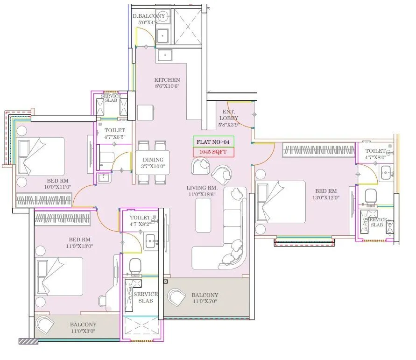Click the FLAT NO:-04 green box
pos(213,142)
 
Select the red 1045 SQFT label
pos(213,152)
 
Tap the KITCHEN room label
pos(167,83)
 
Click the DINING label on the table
pos(153,163)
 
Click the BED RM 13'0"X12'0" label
pos(326,194)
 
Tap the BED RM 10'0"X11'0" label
pos(58,184)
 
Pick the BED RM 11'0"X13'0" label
pos(79,242)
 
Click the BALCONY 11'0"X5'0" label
pos(204,298)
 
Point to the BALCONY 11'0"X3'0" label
pos(83,327)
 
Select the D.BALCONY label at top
pos(148,19)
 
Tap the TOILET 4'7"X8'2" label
pos(140,220)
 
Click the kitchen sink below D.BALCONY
pos(164,56)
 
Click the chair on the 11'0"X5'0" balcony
pos(177,298)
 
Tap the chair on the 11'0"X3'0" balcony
pos(45,325)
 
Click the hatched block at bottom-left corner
pos(28,342)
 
